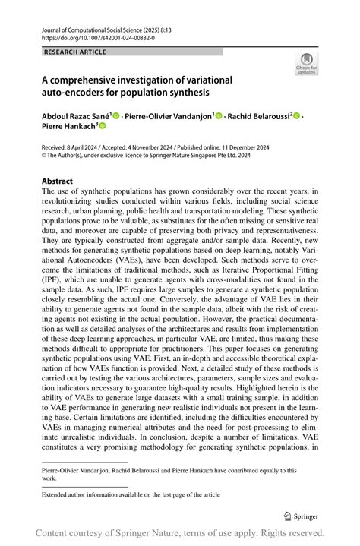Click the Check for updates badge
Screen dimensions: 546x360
[306, 63]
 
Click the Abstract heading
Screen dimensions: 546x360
[58, 181]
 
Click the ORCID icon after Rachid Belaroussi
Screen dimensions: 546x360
[297, 115]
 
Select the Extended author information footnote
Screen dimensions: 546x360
[131, 494]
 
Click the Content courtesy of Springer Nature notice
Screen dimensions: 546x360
[180, 533]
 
